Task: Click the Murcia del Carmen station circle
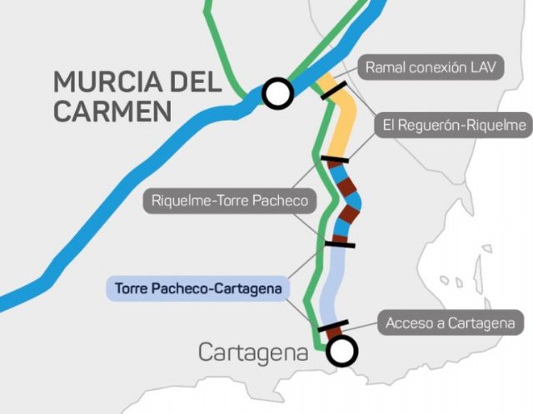pyautogui.click(x=277, y=93)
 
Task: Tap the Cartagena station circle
pyautogui.click(x=341, y=352)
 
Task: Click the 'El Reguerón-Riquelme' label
pyautogui.click(x=454, y=126)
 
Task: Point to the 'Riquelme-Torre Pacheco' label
pyautogui.click(x=230, y=200)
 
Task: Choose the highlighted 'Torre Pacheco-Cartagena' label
pyautogui.click(x=199, y=288)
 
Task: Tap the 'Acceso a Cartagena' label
pyautogui.click(x=451, y=323)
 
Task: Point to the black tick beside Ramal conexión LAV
pyautogui.click(x=334, y=90)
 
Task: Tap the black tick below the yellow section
pyautogui.click(x=334, y=158)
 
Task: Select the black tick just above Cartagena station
pyautogui.click(x=332, y=326)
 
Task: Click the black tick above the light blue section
pyautogui.click(x=339, y=243)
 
